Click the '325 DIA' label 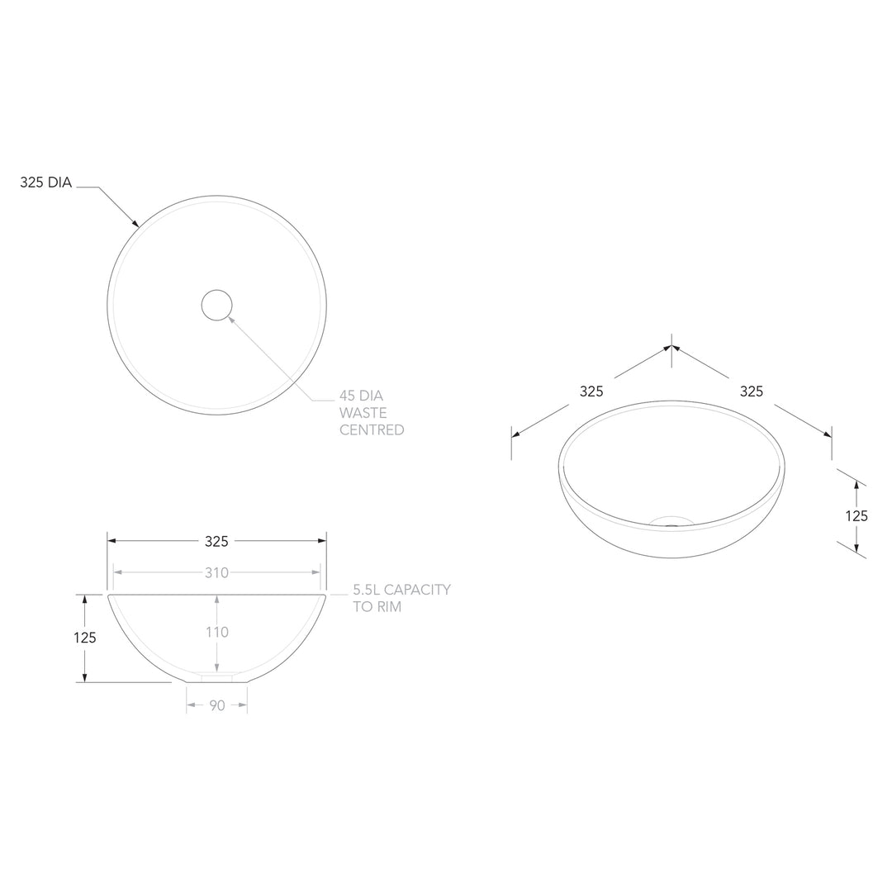46,183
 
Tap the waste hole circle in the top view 216,306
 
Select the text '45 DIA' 361,396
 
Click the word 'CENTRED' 372,430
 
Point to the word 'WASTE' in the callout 363,413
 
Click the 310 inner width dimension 216,572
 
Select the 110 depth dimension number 218,633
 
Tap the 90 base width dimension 216,705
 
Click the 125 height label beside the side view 84,638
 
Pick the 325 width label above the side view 216,542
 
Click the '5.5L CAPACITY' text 401,590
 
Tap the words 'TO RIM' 377,607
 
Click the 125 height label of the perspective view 856,516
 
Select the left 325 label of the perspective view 591,391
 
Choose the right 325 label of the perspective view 752,391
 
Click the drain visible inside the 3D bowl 671,521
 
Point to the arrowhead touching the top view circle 135,223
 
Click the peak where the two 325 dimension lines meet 671,347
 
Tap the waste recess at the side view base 216,678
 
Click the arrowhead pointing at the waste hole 231,318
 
